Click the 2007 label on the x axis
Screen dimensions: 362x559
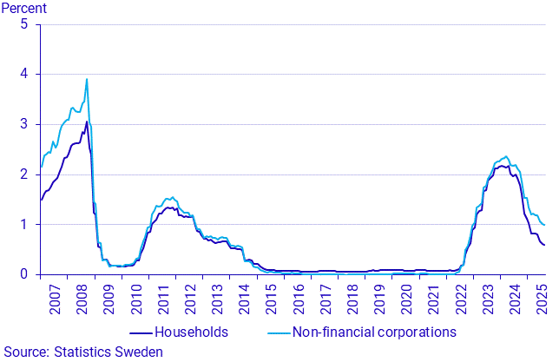pyautogui.click(x=56, y=295)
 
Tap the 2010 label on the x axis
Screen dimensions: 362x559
pyautogui.click(x=136, y=295)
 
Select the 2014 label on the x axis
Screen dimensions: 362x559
pyautogui.click(x=244, y=295)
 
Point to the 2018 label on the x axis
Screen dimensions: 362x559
pyautogui.click(x=352, y=295)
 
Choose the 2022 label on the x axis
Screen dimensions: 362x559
pyautogui.click(x=459, y=295)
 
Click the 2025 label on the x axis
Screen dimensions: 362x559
pyautogui.click(x=540, y=295)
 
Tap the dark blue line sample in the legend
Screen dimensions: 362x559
pyautogui.click(x=140, y=332)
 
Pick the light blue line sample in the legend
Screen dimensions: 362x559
pyautogui.click(x=275, y=332)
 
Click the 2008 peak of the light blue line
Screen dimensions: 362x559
pyautogui.click(x=87, y=79)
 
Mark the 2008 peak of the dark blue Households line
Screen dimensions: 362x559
pyautogui.click(x=86, y=122)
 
